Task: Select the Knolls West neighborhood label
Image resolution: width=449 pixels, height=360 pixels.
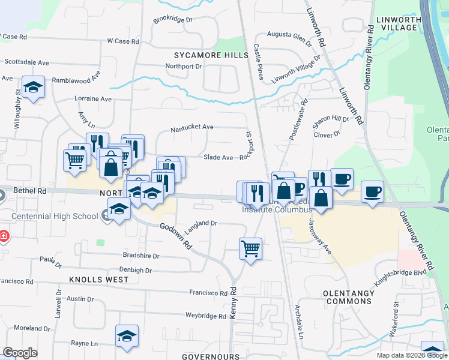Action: pyautogui.click(x=98, y=280)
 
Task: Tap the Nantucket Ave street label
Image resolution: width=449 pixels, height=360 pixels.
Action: pyautogui.click(x=192, y=127)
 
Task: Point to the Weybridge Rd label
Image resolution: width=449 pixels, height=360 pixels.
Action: pyautogui.click(x=205, y=315)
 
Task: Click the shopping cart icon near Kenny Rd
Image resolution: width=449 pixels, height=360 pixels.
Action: pyautogui.click(x=250, y=247)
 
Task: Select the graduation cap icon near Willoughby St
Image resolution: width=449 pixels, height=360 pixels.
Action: pyautogui.click(x=34, y=86)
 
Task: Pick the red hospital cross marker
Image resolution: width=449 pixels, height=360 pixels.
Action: pyautogui.click(x=4, y=236)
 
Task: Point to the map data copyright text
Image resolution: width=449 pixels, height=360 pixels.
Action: pyautogui.click(x=411, y=355)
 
